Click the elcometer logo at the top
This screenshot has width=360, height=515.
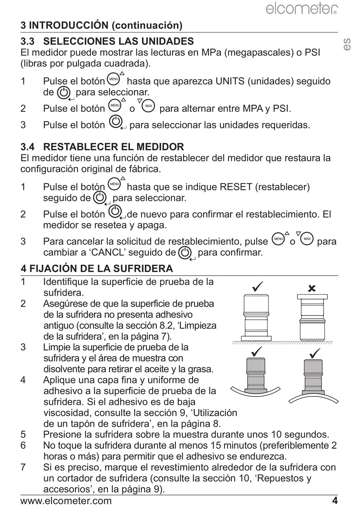pos(302,9)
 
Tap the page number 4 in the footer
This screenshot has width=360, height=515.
pos(335,501)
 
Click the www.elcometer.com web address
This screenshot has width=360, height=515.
pos(66,501)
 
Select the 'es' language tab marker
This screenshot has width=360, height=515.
pos(347,44)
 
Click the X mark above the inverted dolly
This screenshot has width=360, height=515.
pos(312,288)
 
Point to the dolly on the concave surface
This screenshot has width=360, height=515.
pos(255,375)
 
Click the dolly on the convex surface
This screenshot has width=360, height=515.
pos(313,378)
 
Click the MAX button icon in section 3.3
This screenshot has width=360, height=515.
pos(149,106)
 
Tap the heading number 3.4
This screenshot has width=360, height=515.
pos(28,147)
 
